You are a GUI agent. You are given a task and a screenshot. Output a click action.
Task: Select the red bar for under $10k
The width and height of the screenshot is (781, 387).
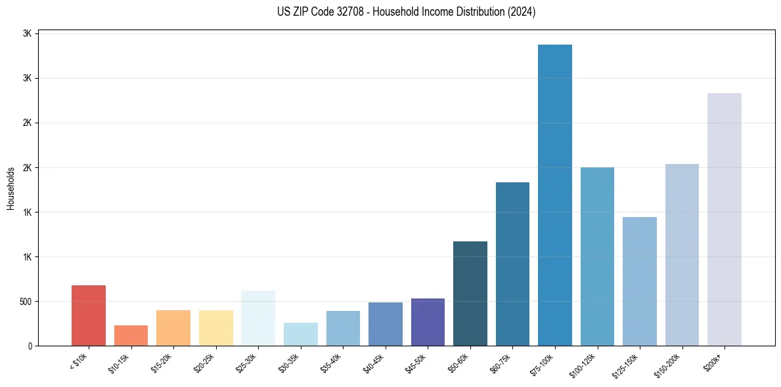coord(89,316)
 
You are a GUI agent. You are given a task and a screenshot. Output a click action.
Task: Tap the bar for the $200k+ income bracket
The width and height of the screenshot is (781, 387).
coord(725,219)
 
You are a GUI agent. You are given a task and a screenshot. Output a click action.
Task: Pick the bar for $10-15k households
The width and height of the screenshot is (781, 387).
coord(131,335)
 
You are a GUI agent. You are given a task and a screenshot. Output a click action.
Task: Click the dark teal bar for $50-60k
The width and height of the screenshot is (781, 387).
coord(470,293)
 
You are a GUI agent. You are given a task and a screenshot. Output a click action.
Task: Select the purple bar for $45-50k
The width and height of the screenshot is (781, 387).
coord(428,322)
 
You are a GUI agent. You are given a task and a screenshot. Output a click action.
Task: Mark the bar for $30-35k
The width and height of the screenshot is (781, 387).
coord(301,334)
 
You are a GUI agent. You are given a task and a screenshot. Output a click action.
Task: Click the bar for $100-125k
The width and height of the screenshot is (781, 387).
coord(597,256)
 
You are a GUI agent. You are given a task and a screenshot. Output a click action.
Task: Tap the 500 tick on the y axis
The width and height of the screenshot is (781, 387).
coord(24,302)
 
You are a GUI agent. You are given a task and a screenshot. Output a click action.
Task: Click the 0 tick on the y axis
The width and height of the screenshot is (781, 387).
coord(30,346)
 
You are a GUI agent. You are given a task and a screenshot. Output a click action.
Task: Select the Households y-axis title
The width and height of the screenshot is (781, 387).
coord(11,188)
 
